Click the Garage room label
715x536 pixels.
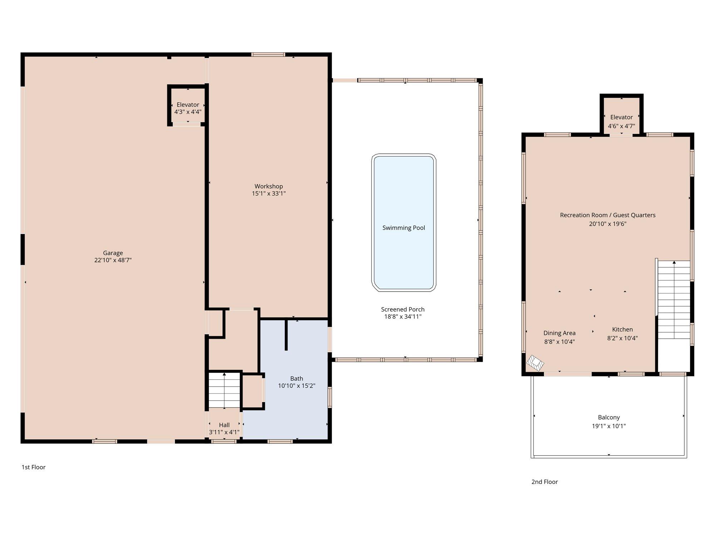point(113,253)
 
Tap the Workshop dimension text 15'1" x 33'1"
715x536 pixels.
point(269,194)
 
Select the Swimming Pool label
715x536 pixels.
point(404,228)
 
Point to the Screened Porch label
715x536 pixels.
point(403,309)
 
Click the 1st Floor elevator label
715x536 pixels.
point(188,105)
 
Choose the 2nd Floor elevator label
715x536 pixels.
point(621,117)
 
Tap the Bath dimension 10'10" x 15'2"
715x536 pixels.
point(297,386)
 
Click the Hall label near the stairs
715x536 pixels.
point(224,425)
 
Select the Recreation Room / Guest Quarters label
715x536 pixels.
point(608,215)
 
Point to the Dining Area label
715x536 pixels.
point(559,333)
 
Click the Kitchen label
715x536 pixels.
point(622,329)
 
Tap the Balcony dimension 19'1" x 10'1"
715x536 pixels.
point(609,426)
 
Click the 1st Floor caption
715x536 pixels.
point(34,467)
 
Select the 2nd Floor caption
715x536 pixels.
point(544,482)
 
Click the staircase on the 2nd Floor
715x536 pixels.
point(674,300)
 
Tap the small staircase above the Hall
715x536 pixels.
point(224,390)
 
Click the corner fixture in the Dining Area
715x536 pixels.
point(535,363)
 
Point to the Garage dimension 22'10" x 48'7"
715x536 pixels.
point(113,260)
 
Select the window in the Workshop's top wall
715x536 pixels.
point(268,55)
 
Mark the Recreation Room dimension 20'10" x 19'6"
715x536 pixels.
point(608,224)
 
